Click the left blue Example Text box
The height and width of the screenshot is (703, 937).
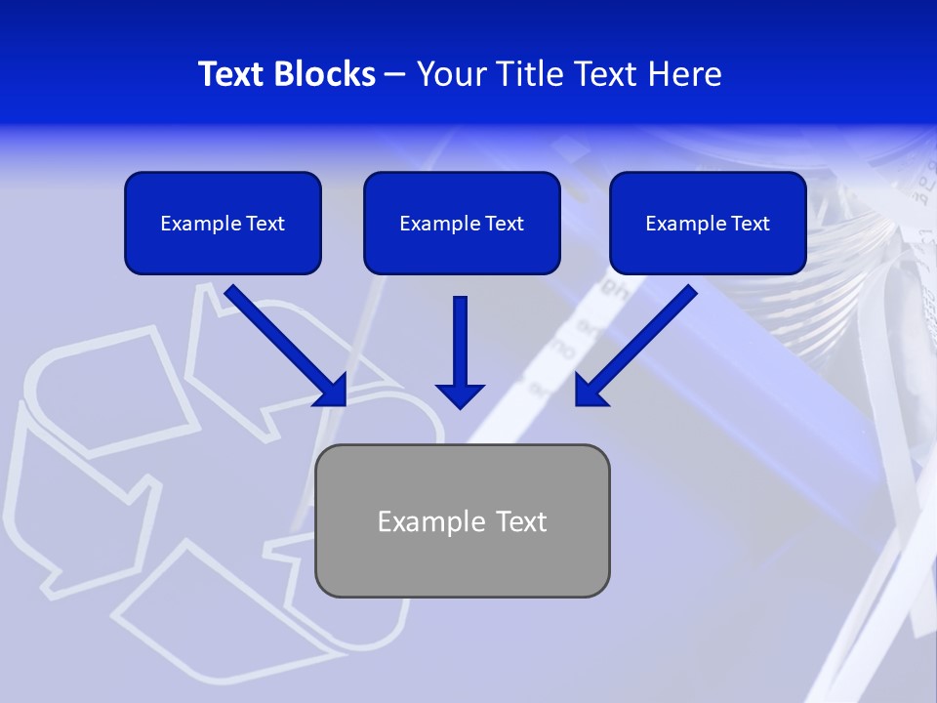pyautogui.click(x=223, y=224)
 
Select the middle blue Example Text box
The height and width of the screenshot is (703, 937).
pyautogui.click(x=462, y=224)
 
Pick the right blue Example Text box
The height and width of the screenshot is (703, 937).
pyautogui.click(x=708, y=224)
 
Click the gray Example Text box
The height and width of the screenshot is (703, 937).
pyautogui.click(x=462, y=520)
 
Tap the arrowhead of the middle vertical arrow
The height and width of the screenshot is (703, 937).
pyautogui.click(x=460, y=395)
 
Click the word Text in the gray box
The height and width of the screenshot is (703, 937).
pyautogui.click(x=520, y=521)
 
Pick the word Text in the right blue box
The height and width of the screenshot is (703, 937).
pyautogui.click(x=750, y=224)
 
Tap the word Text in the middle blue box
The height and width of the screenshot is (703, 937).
pyautogui.click(x=504, y=224)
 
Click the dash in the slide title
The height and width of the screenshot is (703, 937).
pyautogui.click(x=395, y=75)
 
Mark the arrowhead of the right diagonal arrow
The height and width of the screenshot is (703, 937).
pyautogui.click(x=589, y=390)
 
